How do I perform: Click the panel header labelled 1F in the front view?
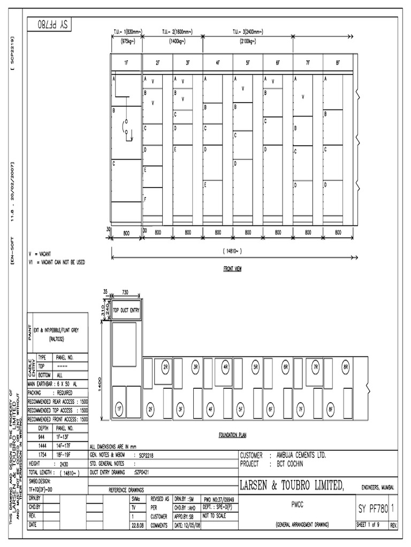tap(126, 63)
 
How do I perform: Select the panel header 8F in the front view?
tap(338, 63)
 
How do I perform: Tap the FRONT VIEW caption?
tap(232, 269)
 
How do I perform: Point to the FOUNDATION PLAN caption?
tap(232, 435)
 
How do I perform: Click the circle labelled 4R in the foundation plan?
tap(226, 368)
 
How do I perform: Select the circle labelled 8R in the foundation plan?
tap(346, 368)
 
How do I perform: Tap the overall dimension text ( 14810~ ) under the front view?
tap(232, 250)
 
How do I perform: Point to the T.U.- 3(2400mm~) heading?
tap(248, 33)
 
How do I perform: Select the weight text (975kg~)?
tap(127, 41)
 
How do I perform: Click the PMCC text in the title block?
tap(297, 503)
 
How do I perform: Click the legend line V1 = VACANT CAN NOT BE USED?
tap(56, 262)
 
